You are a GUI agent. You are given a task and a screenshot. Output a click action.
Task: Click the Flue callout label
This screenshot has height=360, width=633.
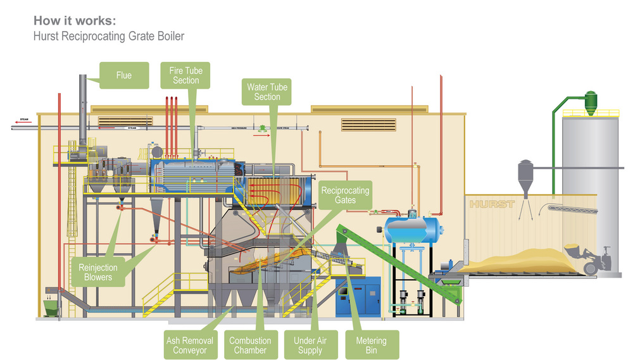click(x=124, y=75)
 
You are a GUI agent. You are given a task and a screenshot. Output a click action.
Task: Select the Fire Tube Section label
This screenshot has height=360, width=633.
click(x=185, y=75)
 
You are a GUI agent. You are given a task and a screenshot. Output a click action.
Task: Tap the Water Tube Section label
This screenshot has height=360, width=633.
click(x=267, y=92)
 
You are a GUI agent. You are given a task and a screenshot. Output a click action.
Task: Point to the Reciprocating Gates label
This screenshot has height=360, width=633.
click(x=345, y=195)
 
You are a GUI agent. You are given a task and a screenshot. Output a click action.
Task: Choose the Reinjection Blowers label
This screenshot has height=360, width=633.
click(x=99, y=272)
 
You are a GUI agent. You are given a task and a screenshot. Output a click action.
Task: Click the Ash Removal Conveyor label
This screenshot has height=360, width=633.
click(x=189, y=345)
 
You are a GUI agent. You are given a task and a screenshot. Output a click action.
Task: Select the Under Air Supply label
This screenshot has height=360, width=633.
click(x=309, y=345)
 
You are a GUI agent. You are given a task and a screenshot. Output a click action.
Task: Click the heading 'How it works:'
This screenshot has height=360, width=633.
click(x=75, y=20)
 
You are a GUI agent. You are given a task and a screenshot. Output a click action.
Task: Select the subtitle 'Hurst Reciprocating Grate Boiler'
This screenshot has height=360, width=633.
click(x=109, y=36)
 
